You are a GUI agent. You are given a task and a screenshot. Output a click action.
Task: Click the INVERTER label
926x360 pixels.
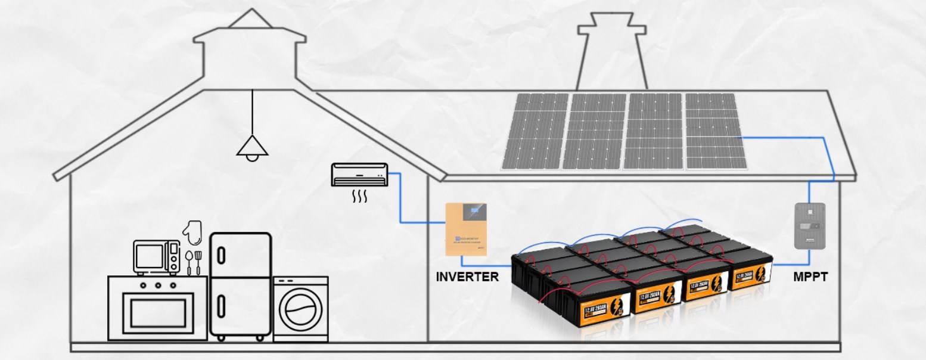point(467,277)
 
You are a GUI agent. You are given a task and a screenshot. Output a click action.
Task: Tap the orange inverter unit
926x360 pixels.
point(467,229)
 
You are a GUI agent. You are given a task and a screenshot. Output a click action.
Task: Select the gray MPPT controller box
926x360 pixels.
point(810,226)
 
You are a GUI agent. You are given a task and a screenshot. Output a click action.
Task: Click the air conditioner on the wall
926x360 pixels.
point(359,175)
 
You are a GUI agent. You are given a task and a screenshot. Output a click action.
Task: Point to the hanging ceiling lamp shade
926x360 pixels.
point(252,147)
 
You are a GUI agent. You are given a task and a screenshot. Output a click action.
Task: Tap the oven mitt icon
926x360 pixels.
point(192,232)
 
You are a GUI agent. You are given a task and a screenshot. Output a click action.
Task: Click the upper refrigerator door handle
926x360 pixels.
point(222,255)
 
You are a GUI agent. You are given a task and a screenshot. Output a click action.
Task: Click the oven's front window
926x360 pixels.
point(157,314)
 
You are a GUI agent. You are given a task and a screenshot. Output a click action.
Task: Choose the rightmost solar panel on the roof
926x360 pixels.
point(715,131)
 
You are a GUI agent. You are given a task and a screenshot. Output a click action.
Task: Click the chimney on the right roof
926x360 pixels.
point(612,54)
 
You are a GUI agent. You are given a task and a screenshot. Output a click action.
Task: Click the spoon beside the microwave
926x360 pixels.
point(189,262)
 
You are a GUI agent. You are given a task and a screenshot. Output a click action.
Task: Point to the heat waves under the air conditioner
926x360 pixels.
point(359,195)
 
